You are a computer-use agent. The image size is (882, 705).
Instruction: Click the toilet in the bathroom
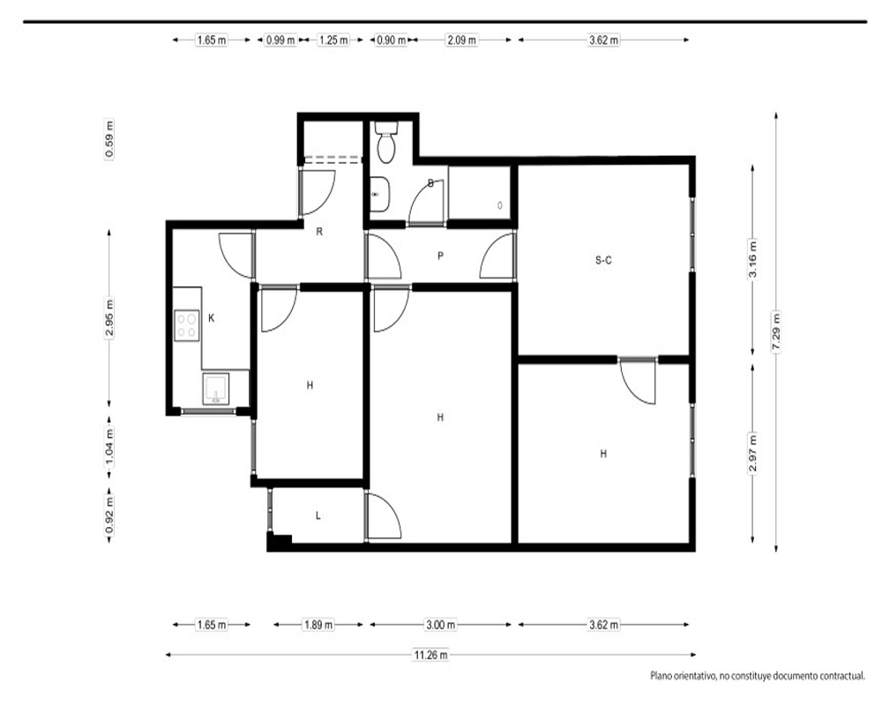[386, 142]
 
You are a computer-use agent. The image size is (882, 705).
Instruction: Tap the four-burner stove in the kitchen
[186, 325]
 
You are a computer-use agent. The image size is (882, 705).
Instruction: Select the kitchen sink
[215, 389]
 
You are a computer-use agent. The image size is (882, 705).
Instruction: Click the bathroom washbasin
[378, 195]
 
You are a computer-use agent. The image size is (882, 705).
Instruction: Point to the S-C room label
[603, 260]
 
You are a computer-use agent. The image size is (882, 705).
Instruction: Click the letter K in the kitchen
[212, 318]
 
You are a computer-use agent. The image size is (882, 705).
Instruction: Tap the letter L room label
[318, 516]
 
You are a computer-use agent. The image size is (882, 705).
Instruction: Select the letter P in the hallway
[440, 256]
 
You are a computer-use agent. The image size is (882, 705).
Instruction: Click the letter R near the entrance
[319, 232]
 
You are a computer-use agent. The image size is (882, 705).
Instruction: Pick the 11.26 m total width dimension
[431, 655]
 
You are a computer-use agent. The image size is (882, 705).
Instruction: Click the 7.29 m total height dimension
[776, 331]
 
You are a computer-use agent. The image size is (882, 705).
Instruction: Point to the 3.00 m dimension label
[440, 625]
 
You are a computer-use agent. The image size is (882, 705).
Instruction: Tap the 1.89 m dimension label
[318, 625]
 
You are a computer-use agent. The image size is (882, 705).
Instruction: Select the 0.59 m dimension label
[109, 139]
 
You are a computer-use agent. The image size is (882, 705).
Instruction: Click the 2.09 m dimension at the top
[462, 40]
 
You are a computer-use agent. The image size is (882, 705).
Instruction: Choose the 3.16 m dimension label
[753, 259]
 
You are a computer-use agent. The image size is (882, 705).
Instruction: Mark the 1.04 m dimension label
[109, 447]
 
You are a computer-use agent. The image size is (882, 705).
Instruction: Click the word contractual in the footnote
[841, 676]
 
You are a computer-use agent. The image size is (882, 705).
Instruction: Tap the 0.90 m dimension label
[392, 40]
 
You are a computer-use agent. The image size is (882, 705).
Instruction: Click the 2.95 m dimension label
[109, 317]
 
